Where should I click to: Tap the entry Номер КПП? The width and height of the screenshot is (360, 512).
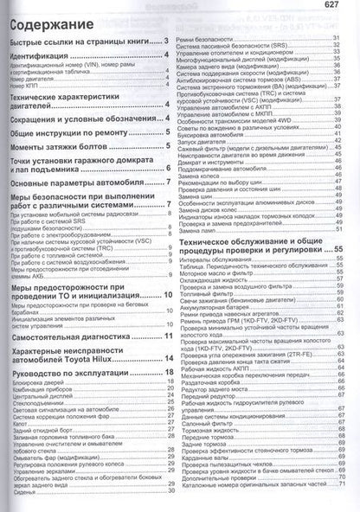point(26,88)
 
